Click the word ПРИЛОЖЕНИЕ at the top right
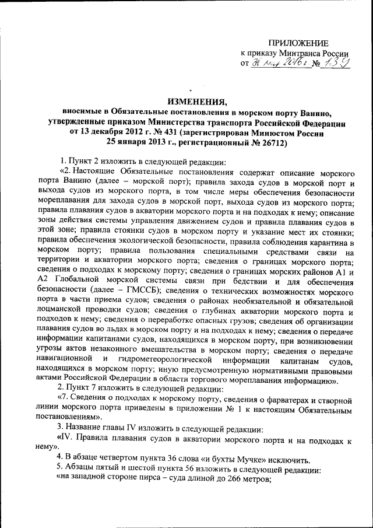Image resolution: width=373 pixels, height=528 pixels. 298,43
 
